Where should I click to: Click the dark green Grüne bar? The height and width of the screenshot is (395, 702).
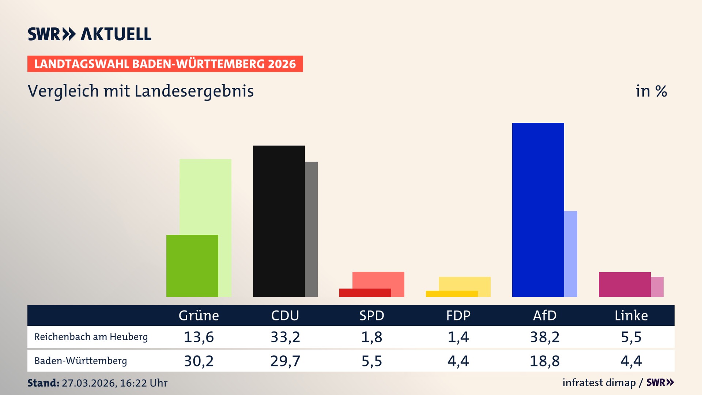click(x=192, y=266)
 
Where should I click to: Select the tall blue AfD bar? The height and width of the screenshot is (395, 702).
click(x=538, y=210)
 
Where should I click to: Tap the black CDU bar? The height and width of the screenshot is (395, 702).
click(x=279, y=221)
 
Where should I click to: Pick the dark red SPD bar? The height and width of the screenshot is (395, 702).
click(x=365, y=293)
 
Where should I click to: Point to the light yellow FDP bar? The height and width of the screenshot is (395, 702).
click(x=464, y=283)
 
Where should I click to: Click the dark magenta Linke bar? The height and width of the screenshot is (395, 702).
click(x=624, y=285)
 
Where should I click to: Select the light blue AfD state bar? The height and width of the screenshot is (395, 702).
click(x=571, y=254)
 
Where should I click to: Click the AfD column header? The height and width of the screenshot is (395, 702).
click(x=544, y=315)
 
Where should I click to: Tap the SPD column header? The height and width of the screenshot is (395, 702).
click(x=371, y=315)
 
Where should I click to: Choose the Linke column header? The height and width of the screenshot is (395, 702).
click(x=631, y=315)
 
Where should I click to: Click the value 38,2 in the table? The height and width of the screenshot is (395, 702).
click(x=544, y=337)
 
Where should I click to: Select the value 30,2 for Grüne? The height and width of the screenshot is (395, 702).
click(x=199, y=361)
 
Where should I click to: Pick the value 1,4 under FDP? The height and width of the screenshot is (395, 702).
click(x=458, y=337)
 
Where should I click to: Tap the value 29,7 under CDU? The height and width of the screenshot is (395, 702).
click(x=285, y=361)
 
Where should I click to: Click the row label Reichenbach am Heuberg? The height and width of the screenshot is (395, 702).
click(x=91, y=337)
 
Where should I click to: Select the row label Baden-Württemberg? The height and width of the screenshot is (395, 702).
click(x=80, y=361)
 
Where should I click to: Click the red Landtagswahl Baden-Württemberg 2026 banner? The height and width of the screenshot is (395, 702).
click(x=165, y=64)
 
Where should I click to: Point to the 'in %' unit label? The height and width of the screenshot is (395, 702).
click(x=651, y=91)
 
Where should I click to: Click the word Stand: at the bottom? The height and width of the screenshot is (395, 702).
click(x=43, y=383)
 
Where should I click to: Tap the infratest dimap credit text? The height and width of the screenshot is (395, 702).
click(x=599, y=383)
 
